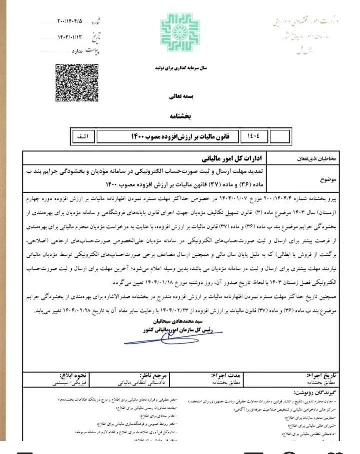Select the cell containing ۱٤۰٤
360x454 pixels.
click(x=258, y=135)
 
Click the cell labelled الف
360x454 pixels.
click(x=82, y=135)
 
